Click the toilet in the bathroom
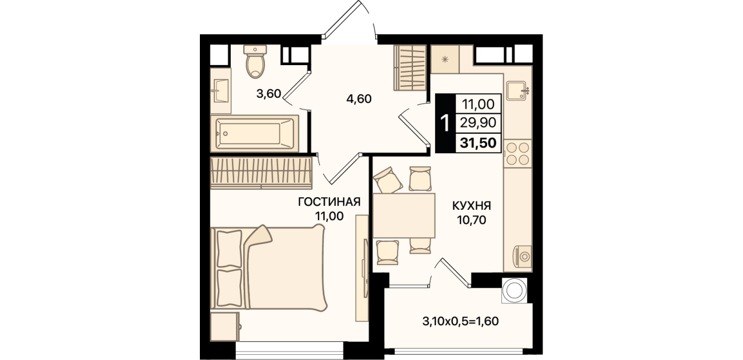(255, 61)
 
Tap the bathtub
(254, 134)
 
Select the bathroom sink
(219, 90)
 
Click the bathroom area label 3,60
(268, 94)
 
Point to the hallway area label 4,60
(359, 99)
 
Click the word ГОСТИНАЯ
(329, 202)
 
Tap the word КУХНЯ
(472, 206)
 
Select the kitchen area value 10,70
(472, 219)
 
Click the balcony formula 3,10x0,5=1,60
(460, 321)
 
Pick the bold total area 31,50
(478, 143)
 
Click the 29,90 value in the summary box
(478, 123)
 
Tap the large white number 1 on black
(445, 123)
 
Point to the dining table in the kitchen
(404, 215)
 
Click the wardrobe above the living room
(262, 173)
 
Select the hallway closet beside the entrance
(409, 67)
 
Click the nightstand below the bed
(225, 326)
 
